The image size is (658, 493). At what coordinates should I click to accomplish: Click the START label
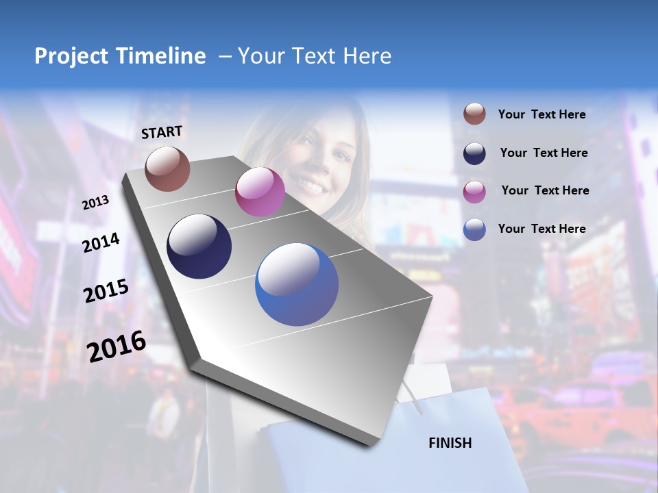(x=162, y=132)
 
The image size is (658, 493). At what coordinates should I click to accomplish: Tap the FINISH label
(x=450, y=443)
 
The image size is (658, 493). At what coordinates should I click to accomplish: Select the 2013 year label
(x=96, y=202)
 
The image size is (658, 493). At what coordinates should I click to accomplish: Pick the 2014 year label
(x=101, y=242)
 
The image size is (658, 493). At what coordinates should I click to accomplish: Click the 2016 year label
(x=117, y=346)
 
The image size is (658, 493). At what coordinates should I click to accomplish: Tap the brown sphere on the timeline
(x=167, y=168)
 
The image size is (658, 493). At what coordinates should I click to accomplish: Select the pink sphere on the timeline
(x=260, y=192)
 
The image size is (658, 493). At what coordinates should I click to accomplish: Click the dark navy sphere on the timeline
(x=199, y=246)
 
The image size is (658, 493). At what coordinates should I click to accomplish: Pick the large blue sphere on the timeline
(x=297, y=284)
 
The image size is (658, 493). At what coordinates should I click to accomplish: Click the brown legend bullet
(x=474, y=114)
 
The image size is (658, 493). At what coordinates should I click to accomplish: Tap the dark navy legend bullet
(x=474, y=153)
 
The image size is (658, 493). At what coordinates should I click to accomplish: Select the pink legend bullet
(x=474, y=192)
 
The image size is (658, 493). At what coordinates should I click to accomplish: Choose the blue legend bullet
(x=474, y=229)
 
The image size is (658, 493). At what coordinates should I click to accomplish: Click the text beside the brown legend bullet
(x=541, y=115)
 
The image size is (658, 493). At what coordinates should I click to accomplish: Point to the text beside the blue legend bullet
(x=541, y=229)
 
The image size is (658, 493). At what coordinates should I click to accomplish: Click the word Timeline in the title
(x=159, y=56)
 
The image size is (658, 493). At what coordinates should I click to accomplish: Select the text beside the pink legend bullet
(x=545, y=190)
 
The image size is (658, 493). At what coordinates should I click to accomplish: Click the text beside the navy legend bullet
(x=544, y=153)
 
